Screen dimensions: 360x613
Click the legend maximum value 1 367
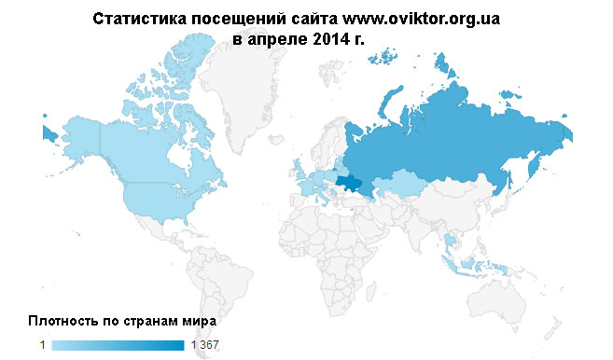(204, 346)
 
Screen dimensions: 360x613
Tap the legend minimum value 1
(42, 346)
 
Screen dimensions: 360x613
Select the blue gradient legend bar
(118, 346)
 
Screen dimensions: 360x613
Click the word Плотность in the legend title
(63, 321)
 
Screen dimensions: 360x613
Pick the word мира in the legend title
(201, 321)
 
